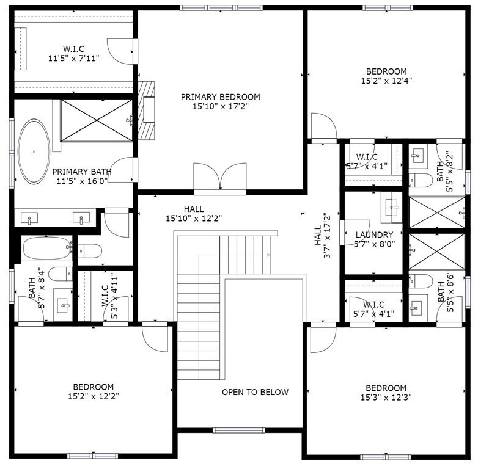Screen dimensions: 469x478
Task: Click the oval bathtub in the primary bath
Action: [34, 152]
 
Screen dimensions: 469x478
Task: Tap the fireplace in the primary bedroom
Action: [147, 111]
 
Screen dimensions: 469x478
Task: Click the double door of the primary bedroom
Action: [219, 177]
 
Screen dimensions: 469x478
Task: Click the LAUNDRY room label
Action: [373, 234]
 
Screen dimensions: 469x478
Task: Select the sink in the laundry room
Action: [391, 208]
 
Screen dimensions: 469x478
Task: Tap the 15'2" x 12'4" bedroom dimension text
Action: [386, 80]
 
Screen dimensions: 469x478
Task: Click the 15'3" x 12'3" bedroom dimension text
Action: [386, 397]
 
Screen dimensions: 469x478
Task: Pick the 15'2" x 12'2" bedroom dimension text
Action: [93, 396]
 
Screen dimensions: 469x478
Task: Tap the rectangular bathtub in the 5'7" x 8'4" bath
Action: [46, 249]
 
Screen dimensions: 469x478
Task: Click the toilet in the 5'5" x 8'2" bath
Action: [420, 180]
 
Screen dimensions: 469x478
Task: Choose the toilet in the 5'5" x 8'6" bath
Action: [420, 281]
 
